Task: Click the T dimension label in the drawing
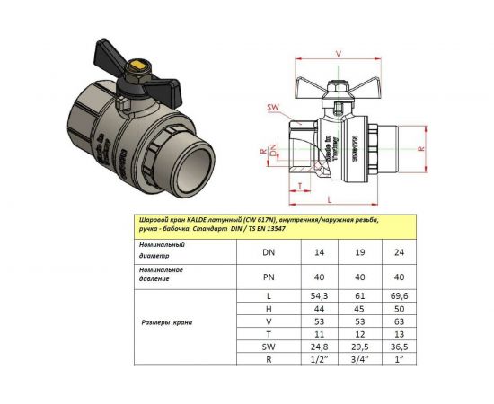click(298, 186)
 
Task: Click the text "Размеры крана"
click(169, 321)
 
